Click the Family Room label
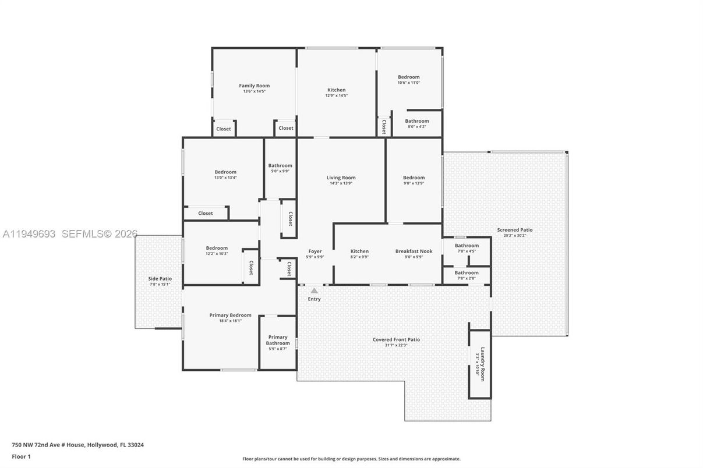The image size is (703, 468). (x=254, y=86)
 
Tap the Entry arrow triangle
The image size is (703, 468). (x=314, y=290)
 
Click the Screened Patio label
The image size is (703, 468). (x=514, y=230)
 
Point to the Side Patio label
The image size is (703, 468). (x=160, y=279)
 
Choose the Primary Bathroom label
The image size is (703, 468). (x=278, y=340)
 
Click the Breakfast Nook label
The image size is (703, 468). (x=414, y=251)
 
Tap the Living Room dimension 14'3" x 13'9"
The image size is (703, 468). (x=341, y=183)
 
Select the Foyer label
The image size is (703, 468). (x=315, y=251)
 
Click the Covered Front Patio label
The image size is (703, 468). (x=396, y=339)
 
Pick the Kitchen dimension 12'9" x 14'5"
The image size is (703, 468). (x=336, y=95)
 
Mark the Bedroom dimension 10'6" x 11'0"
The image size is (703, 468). (x=408, y=83)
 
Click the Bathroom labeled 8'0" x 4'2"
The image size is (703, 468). (x=416, y=121)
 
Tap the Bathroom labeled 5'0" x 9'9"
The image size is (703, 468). (x=280, y=166)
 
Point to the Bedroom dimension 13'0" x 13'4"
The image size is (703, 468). (x=225, y=178)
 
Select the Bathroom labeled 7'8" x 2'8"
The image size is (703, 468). (x=467, y=272)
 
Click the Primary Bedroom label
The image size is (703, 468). (x=230, y=315)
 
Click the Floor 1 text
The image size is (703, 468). (x=21, y=456)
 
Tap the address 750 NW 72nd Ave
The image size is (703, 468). (x=77, y=445)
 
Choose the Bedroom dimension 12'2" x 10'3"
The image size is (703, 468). (x=217, y=254)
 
